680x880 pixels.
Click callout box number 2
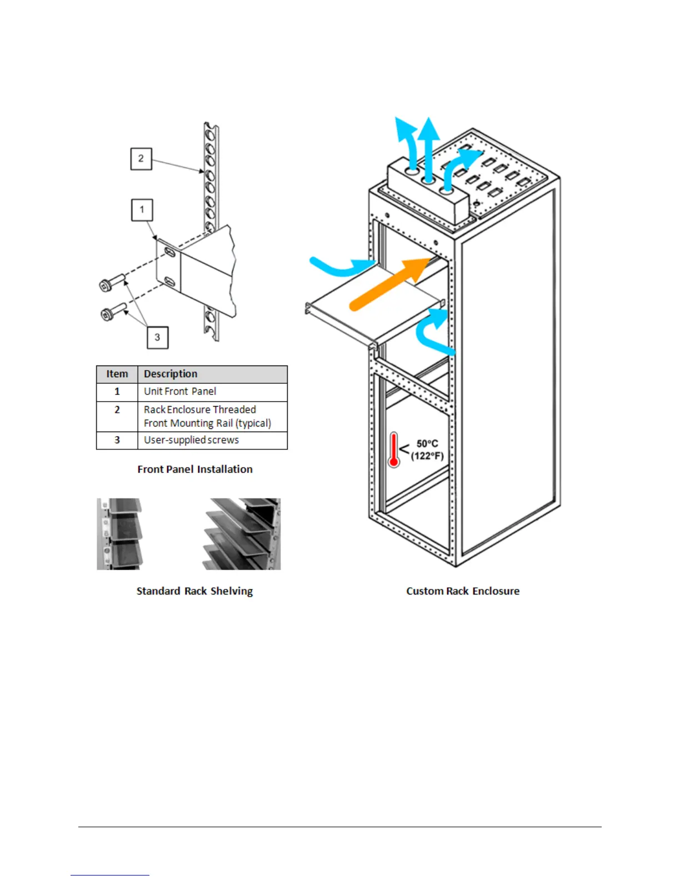(141, 159)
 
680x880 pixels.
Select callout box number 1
(142, 210)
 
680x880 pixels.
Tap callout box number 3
(157, 337)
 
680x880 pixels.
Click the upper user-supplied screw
(112, 282)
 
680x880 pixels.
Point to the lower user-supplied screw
(113, 311)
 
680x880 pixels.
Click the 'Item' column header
(117, 374)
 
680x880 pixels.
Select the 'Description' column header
(171, 374)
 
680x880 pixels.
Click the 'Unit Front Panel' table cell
(180, 392)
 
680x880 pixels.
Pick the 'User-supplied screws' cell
(191, 440)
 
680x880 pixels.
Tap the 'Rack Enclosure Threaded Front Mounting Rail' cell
(207, 416)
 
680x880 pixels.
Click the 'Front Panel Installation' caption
(195, 469)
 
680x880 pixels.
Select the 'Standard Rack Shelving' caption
(194, 591)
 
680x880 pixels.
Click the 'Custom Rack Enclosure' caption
(463, 591)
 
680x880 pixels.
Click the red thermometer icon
(394, 449)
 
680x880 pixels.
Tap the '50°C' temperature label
(427, 443)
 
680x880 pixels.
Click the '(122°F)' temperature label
(427, 456)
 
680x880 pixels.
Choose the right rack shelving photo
(242, 534)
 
